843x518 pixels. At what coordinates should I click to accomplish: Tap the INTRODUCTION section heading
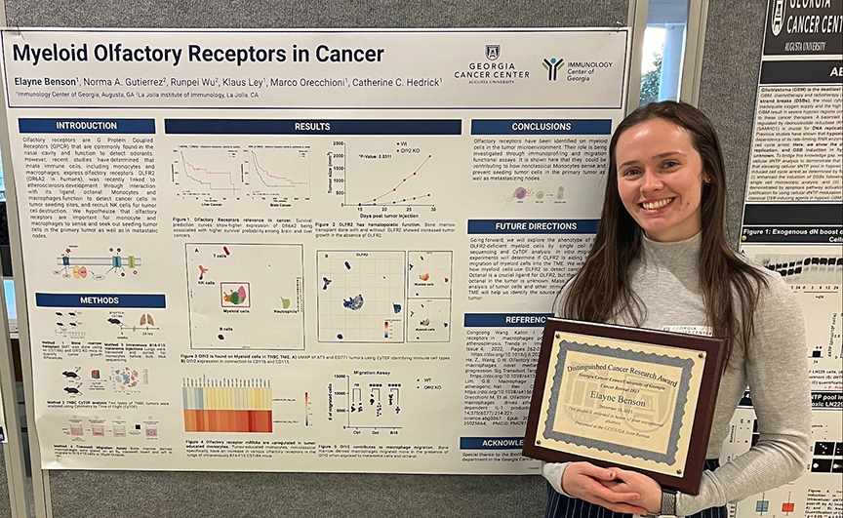(86, 126)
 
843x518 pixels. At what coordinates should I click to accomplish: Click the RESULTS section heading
(312, 127)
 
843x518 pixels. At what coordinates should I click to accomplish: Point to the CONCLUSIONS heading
(541, 127)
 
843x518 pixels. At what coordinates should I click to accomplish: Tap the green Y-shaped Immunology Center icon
(552, 67)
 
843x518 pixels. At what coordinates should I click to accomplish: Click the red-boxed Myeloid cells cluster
(234, 294)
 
